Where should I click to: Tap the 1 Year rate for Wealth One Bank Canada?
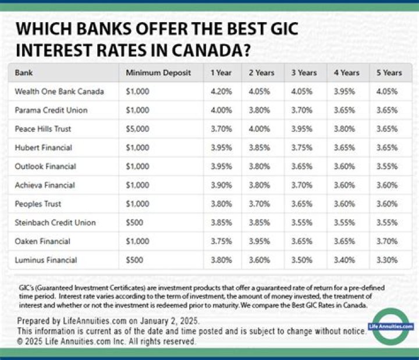pyautogui.click(x=221, y=91)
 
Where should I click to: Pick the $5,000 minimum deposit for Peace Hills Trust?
pyautogui.click(x=137, y=129)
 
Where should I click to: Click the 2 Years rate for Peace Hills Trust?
pyautogui.click(x=260, y=129)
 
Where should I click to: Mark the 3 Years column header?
pyautogui.click(x=304, y=73)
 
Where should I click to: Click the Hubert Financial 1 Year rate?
pyautogui.click(x=221, y=147)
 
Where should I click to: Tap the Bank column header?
pyautogui.click(x=24, y=73)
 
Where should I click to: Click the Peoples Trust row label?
pyautogui.click(x=38, y=204)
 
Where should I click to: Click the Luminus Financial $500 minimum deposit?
pyautogui.click(x=134, y=260)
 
